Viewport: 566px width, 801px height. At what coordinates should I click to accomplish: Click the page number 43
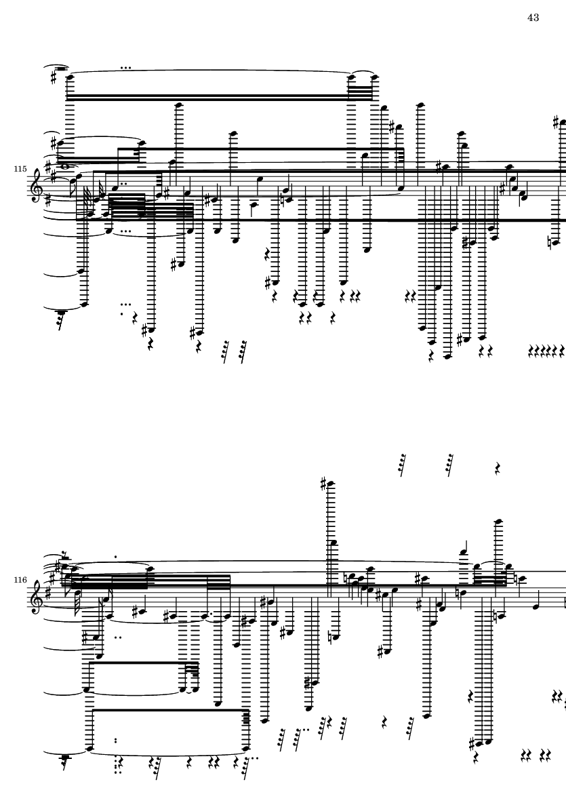coord(533,18)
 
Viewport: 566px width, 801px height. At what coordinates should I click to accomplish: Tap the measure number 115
coord(20,169)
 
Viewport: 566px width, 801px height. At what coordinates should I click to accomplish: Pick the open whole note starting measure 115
coord(66,165)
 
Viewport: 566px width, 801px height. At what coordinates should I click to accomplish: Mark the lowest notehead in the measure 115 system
coord(448,356)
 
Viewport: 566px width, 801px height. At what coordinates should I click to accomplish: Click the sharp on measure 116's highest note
coord(323,483)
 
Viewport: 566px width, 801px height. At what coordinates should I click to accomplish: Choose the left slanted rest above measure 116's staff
coord(402,465)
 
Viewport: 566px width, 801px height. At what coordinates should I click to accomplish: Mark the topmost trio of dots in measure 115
coord(125,67)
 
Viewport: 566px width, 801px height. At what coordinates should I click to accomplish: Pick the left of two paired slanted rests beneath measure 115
coord(225,352)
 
